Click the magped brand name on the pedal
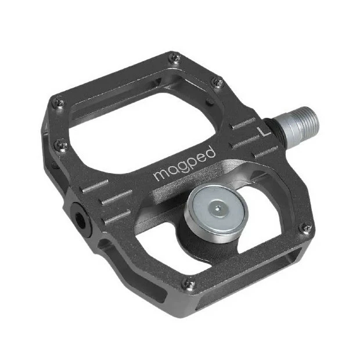184,164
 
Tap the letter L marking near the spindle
265,129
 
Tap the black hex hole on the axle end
79,218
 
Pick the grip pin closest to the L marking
218,83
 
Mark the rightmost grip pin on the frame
306,228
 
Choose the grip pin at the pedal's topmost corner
175,57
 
